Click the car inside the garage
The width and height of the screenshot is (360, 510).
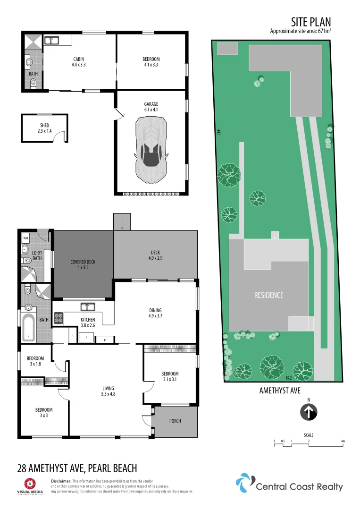(x=151, y=150)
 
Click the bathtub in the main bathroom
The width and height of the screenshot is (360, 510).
(x=29, y=328)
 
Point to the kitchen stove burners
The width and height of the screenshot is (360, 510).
(x=59, y=318)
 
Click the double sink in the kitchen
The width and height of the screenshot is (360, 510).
(x=87, y=307)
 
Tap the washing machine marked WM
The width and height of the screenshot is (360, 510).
(x=25, y=238)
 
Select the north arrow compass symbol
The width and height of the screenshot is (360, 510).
(x=309, y=412)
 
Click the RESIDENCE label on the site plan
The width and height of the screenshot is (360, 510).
(x=268, y=295)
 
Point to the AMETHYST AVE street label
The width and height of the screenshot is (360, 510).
(x=280, y=391)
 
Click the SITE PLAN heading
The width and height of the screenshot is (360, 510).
(x=311, y=22)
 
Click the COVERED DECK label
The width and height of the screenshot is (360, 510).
(x=83, y=264)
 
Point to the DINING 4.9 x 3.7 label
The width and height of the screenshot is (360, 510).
(x=156, y=313)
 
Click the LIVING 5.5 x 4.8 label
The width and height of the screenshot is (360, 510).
(x=109, y=391)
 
